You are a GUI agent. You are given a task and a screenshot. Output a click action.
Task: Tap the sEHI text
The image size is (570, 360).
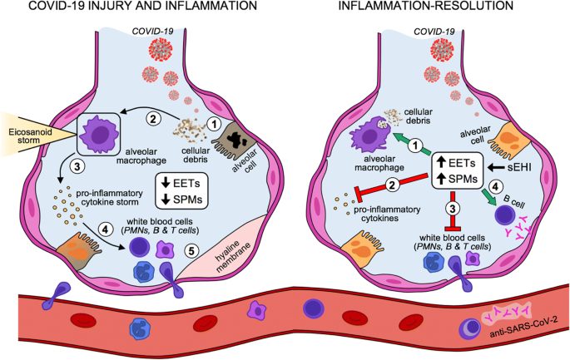point(517,167)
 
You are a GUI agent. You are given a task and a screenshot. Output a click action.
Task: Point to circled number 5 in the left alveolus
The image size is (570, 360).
point(191,249)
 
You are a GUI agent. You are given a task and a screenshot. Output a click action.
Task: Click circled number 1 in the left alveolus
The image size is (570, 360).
point(214,124)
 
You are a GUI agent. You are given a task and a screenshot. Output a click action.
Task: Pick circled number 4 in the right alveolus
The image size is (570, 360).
point(494,187)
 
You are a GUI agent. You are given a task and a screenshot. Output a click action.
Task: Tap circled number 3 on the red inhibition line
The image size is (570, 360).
point(453,208)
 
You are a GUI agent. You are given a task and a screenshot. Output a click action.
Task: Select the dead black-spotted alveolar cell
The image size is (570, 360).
point(238,141)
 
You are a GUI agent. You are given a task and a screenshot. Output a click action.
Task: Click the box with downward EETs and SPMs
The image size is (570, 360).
point(181,190)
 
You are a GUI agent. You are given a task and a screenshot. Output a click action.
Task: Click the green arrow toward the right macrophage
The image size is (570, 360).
point(410,143)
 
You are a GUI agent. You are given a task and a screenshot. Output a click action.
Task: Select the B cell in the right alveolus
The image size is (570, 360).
point(505,214)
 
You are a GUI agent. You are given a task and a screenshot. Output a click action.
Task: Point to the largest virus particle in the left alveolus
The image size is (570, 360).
point(161,49)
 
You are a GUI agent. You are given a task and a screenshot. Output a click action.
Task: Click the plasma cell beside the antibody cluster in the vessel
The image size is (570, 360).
point(470,328)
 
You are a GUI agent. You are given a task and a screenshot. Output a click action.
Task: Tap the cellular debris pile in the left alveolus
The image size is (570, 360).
point(191,130)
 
